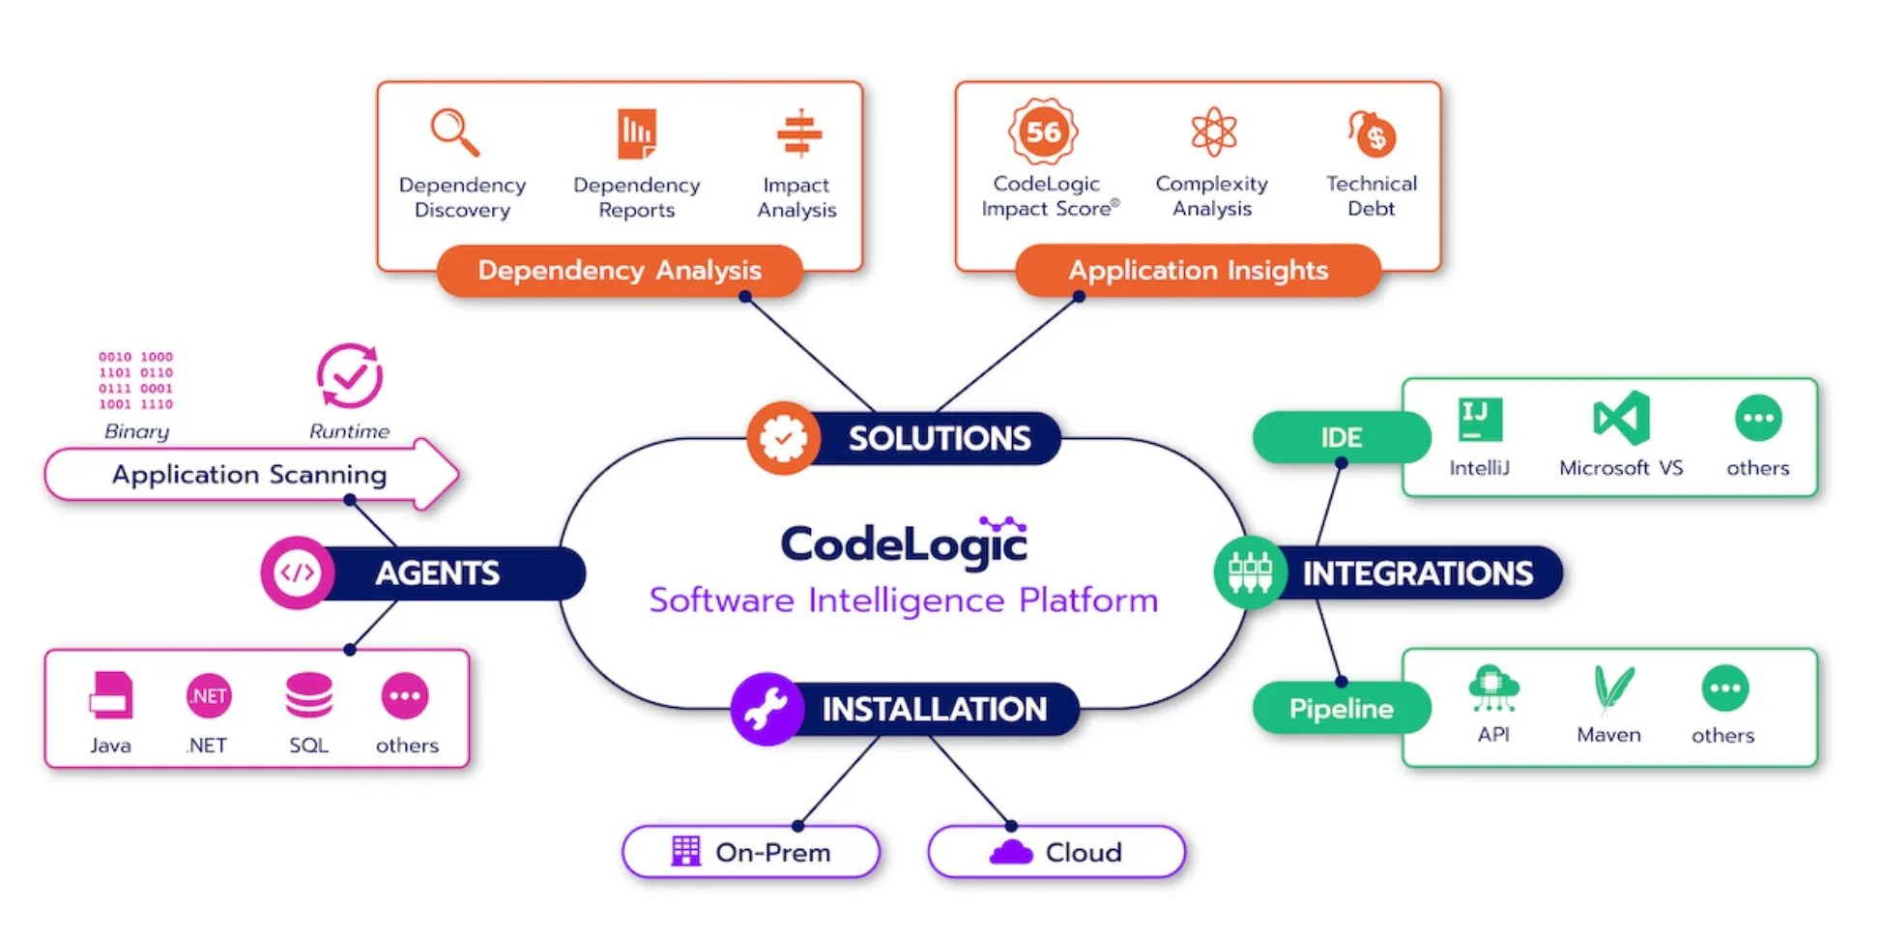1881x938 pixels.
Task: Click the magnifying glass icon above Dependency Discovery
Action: click(x=455, y=132)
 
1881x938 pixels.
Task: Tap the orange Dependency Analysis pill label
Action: click(x=620, y=270)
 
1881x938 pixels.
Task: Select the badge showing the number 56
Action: click(x=1043, y=132)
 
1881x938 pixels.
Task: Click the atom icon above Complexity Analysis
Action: click(x=1214, y=132)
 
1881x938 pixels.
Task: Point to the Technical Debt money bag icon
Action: click(x=1373, y=133)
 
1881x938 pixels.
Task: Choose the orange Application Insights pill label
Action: click(x=1199, y=270)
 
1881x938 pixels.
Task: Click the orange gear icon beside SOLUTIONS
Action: click(x=784, y=438)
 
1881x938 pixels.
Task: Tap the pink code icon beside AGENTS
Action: click(x=298, y=572)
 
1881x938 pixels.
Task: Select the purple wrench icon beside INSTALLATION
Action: click(x=767, y=709)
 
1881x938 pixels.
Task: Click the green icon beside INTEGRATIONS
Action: click(x=1250, y=572)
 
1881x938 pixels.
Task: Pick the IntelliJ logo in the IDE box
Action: click(x=1480, y=420)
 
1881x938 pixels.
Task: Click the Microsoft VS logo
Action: click(x=1621, y=418)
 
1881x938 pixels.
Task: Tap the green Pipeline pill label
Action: click(x=1342, y=708)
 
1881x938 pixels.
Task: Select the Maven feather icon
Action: click(x=1612, y=690)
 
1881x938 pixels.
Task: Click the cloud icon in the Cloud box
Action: click(x=1011, y=852)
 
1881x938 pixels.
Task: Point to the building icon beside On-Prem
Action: click(x=685, y=851)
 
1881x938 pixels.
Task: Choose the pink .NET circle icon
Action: click(x=209, y=695)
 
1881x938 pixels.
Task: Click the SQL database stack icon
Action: click(x=309, y=695)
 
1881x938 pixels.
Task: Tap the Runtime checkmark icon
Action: click(x=350, y=375)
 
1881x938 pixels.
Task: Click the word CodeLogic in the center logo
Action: click(x=904, y=542)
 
